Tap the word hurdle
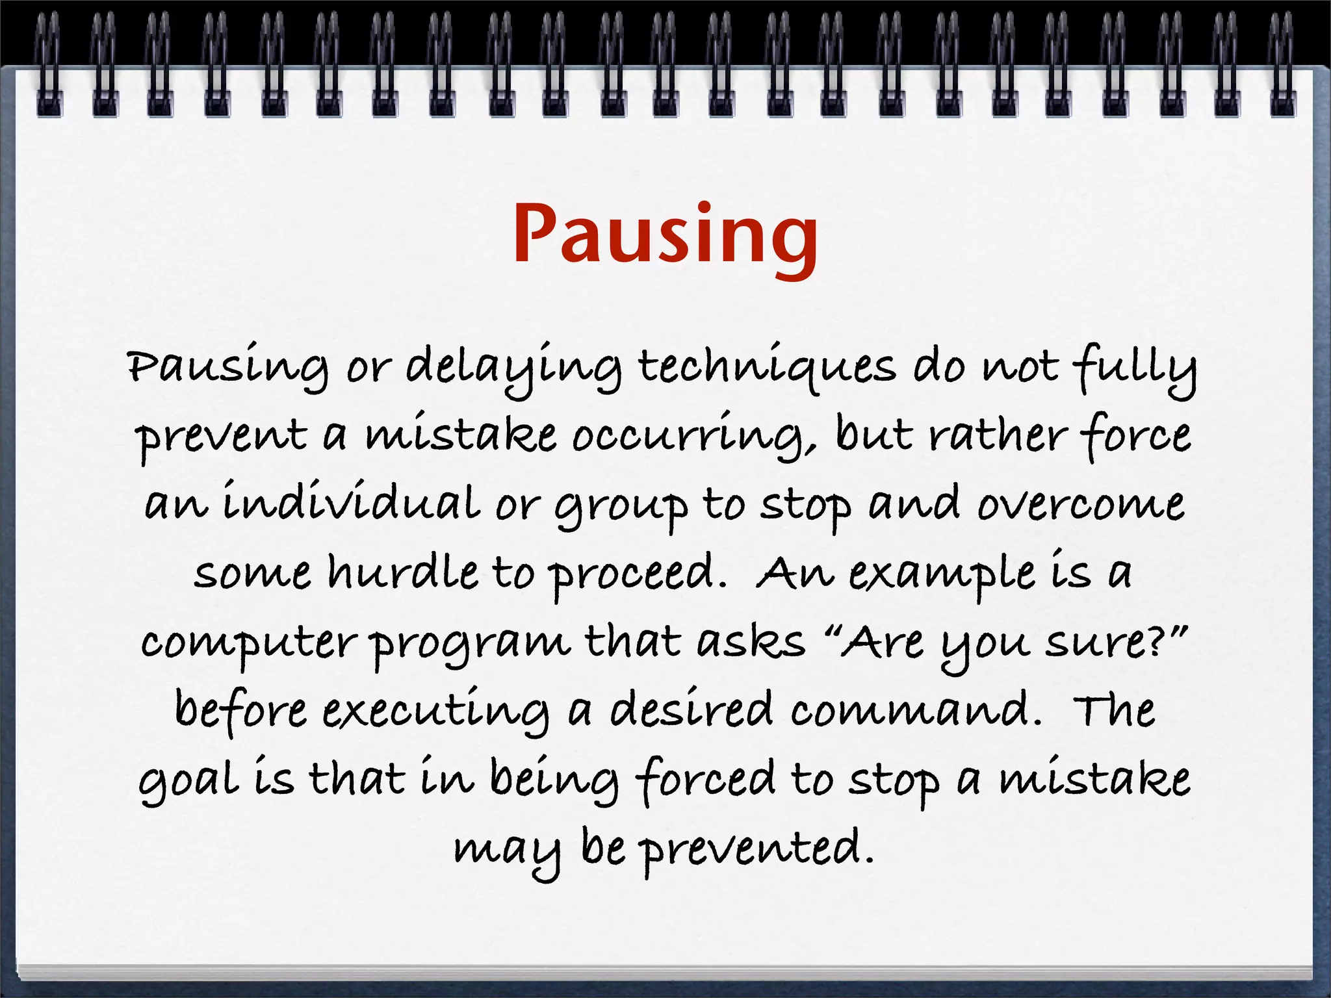[402, 572]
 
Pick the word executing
[435, 712]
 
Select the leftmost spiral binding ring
[48, 65]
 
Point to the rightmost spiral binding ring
[1282, 65]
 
